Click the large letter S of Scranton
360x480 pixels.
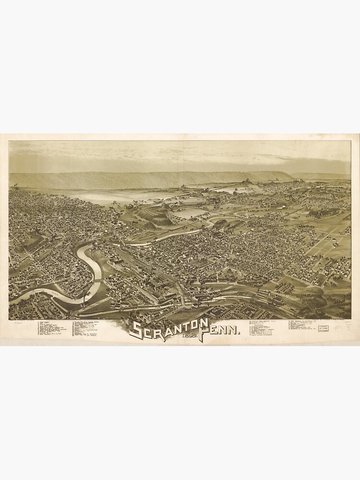tap(136, 331)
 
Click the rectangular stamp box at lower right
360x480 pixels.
tap(324, 328)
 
